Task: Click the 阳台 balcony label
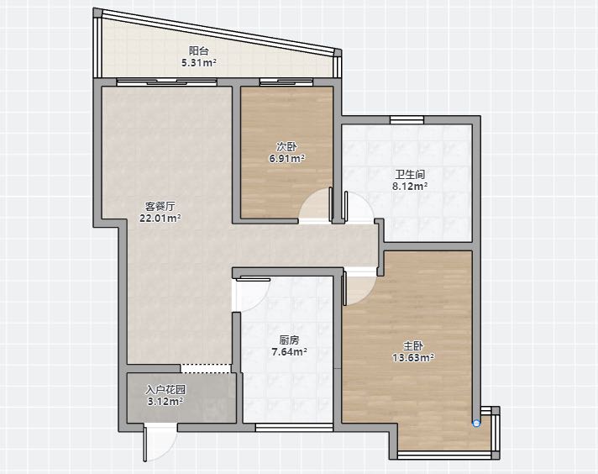click(199, 50)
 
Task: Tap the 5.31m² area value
click(199, 62)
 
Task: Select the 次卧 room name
click(286, 146)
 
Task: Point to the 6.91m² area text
click(286, 158)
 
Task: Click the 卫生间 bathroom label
click(410, 175)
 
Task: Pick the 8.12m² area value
click(410, 187)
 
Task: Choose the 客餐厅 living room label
click(160, 207)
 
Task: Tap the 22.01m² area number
click(160, 219)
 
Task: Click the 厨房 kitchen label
click(289, 340)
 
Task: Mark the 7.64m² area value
click(289, 351)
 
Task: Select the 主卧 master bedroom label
click(413, 345)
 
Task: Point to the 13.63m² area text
click(413, 357)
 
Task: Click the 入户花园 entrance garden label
click(165, 390)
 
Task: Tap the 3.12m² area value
click(165, 402)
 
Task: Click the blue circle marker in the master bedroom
click(476, 423)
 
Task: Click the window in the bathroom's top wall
click(407, 120)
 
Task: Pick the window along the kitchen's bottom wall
click(294, 428)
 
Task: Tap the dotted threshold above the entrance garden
click(206, 368)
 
